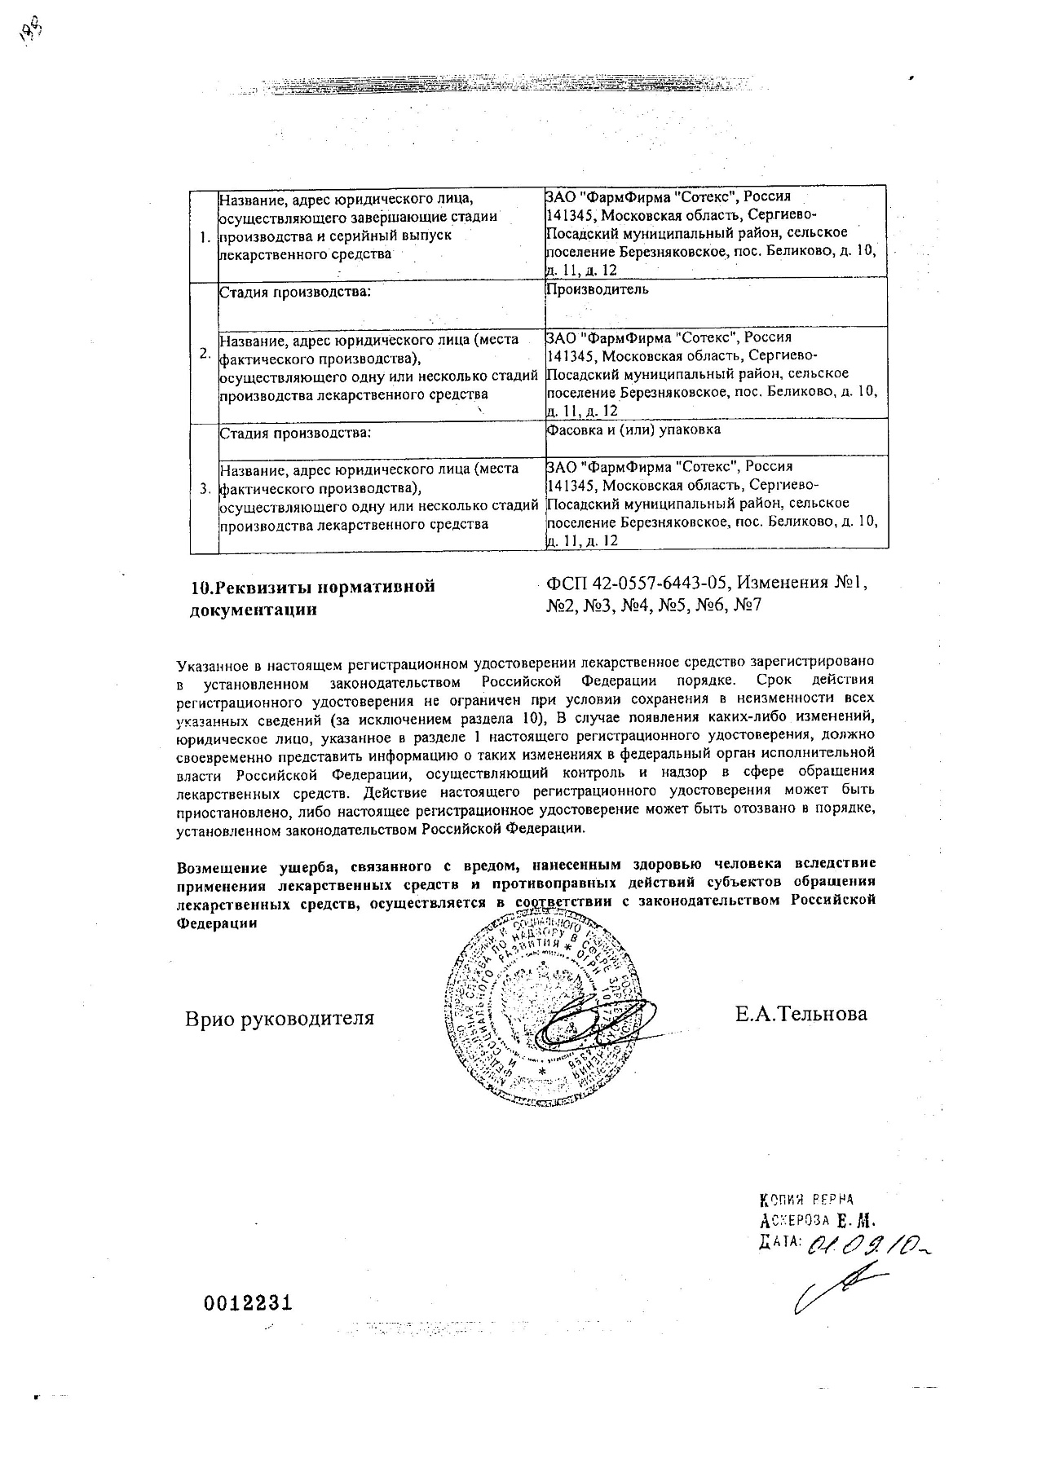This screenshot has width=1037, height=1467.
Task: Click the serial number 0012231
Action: tap(247, 1302)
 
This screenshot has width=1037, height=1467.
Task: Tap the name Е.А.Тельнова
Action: tap(801, 1014)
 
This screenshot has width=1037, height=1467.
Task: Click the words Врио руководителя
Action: tap(280, 1018)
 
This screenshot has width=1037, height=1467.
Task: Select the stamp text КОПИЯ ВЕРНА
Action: tap(805, 1199)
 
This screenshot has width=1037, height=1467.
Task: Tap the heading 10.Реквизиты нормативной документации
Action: tap(312, 597)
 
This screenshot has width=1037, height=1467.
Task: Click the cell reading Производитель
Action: tap(598, 290)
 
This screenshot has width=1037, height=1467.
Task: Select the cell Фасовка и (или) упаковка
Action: tap(633, 430)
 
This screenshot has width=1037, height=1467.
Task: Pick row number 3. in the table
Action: tap(205, 489)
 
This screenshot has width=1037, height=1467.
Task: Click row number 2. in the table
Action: tap(205, 354)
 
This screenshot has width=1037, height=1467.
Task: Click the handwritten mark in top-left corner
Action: tap(32, 32)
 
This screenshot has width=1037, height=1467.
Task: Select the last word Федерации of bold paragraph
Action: tap(216, 923)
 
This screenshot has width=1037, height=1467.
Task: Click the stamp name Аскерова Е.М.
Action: tap(815, 1221)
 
